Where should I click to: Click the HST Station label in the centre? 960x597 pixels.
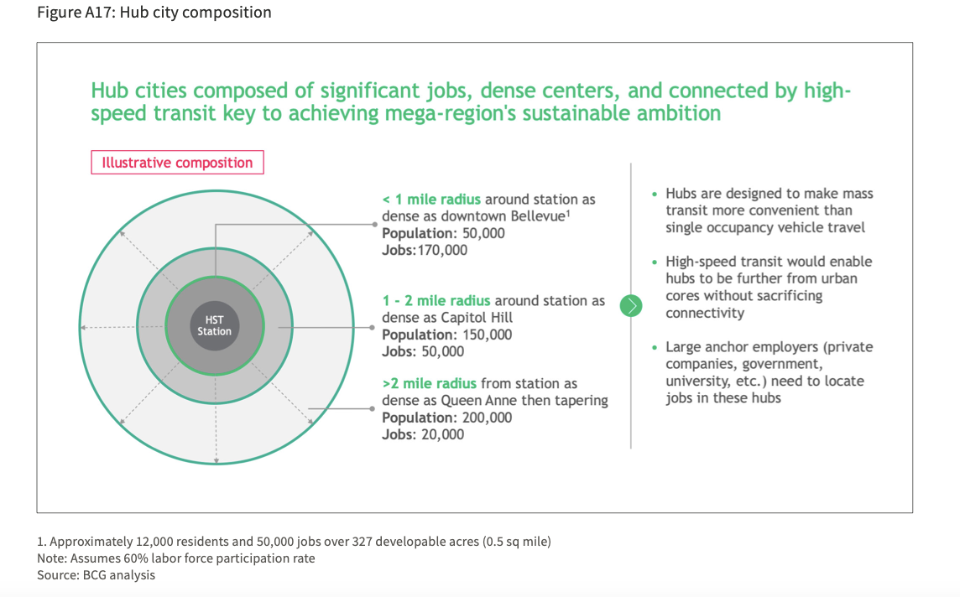tap(214, 325)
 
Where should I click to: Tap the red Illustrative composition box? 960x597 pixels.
tap(178, 162)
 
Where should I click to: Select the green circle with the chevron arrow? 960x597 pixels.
tap(630, 305)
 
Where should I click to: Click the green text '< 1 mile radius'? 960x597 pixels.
tap(431, 200)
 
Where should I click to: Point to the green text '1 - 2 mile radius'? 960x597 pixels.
tap(436, 300)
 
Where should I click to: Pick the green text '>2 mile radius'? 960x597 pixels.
tap(429, 383)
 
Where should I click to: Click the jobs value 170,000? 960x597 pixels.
tap(442, 250)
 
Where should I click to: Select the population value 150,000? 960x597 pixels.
tap(488, 335)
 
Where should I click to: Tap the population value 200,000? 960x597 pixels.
tap(488, 418)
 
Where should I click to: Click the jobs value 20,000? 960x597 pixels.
tap(442, 434)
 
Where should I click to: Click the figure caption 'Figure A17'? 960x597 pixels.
tap(75, 13)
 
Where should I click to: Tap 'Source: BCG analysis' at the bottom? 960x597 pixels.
tap(97, 575)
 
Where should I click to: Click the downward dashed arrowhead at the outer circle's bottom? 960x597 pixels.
tap(217, 460)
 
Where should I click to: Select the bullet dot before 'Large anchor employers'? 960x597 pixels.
tap(655, 347)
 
